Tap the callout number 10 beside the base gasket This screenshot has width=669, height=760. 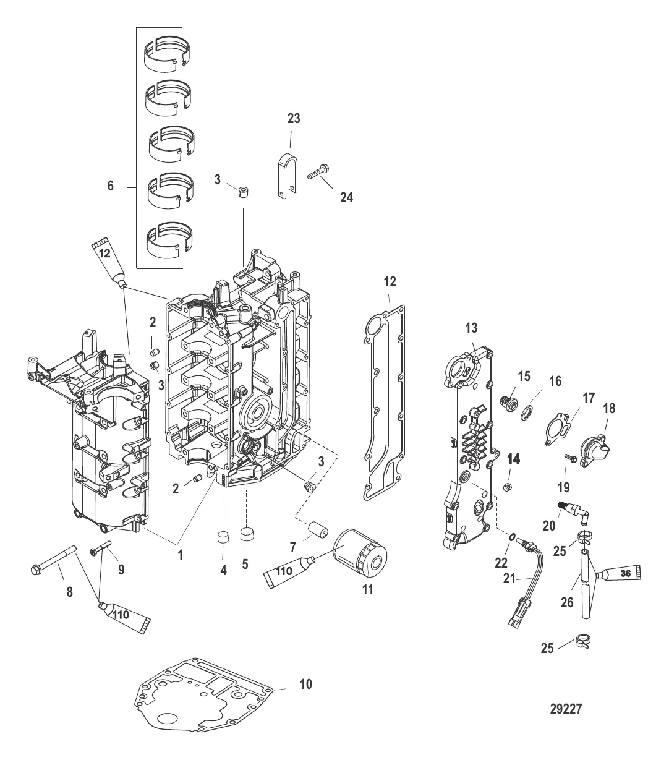[x=305, y=684]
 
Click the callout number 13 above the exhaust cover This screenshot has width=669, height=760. [x=472, y=328]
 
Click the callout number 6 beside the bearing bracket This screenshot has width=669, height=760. [x=111, y=186]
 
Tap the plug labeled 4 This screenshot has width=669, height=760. [x=223, y=535]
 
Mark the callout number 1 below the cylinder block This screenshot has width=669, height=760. [x=181, y=555]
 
